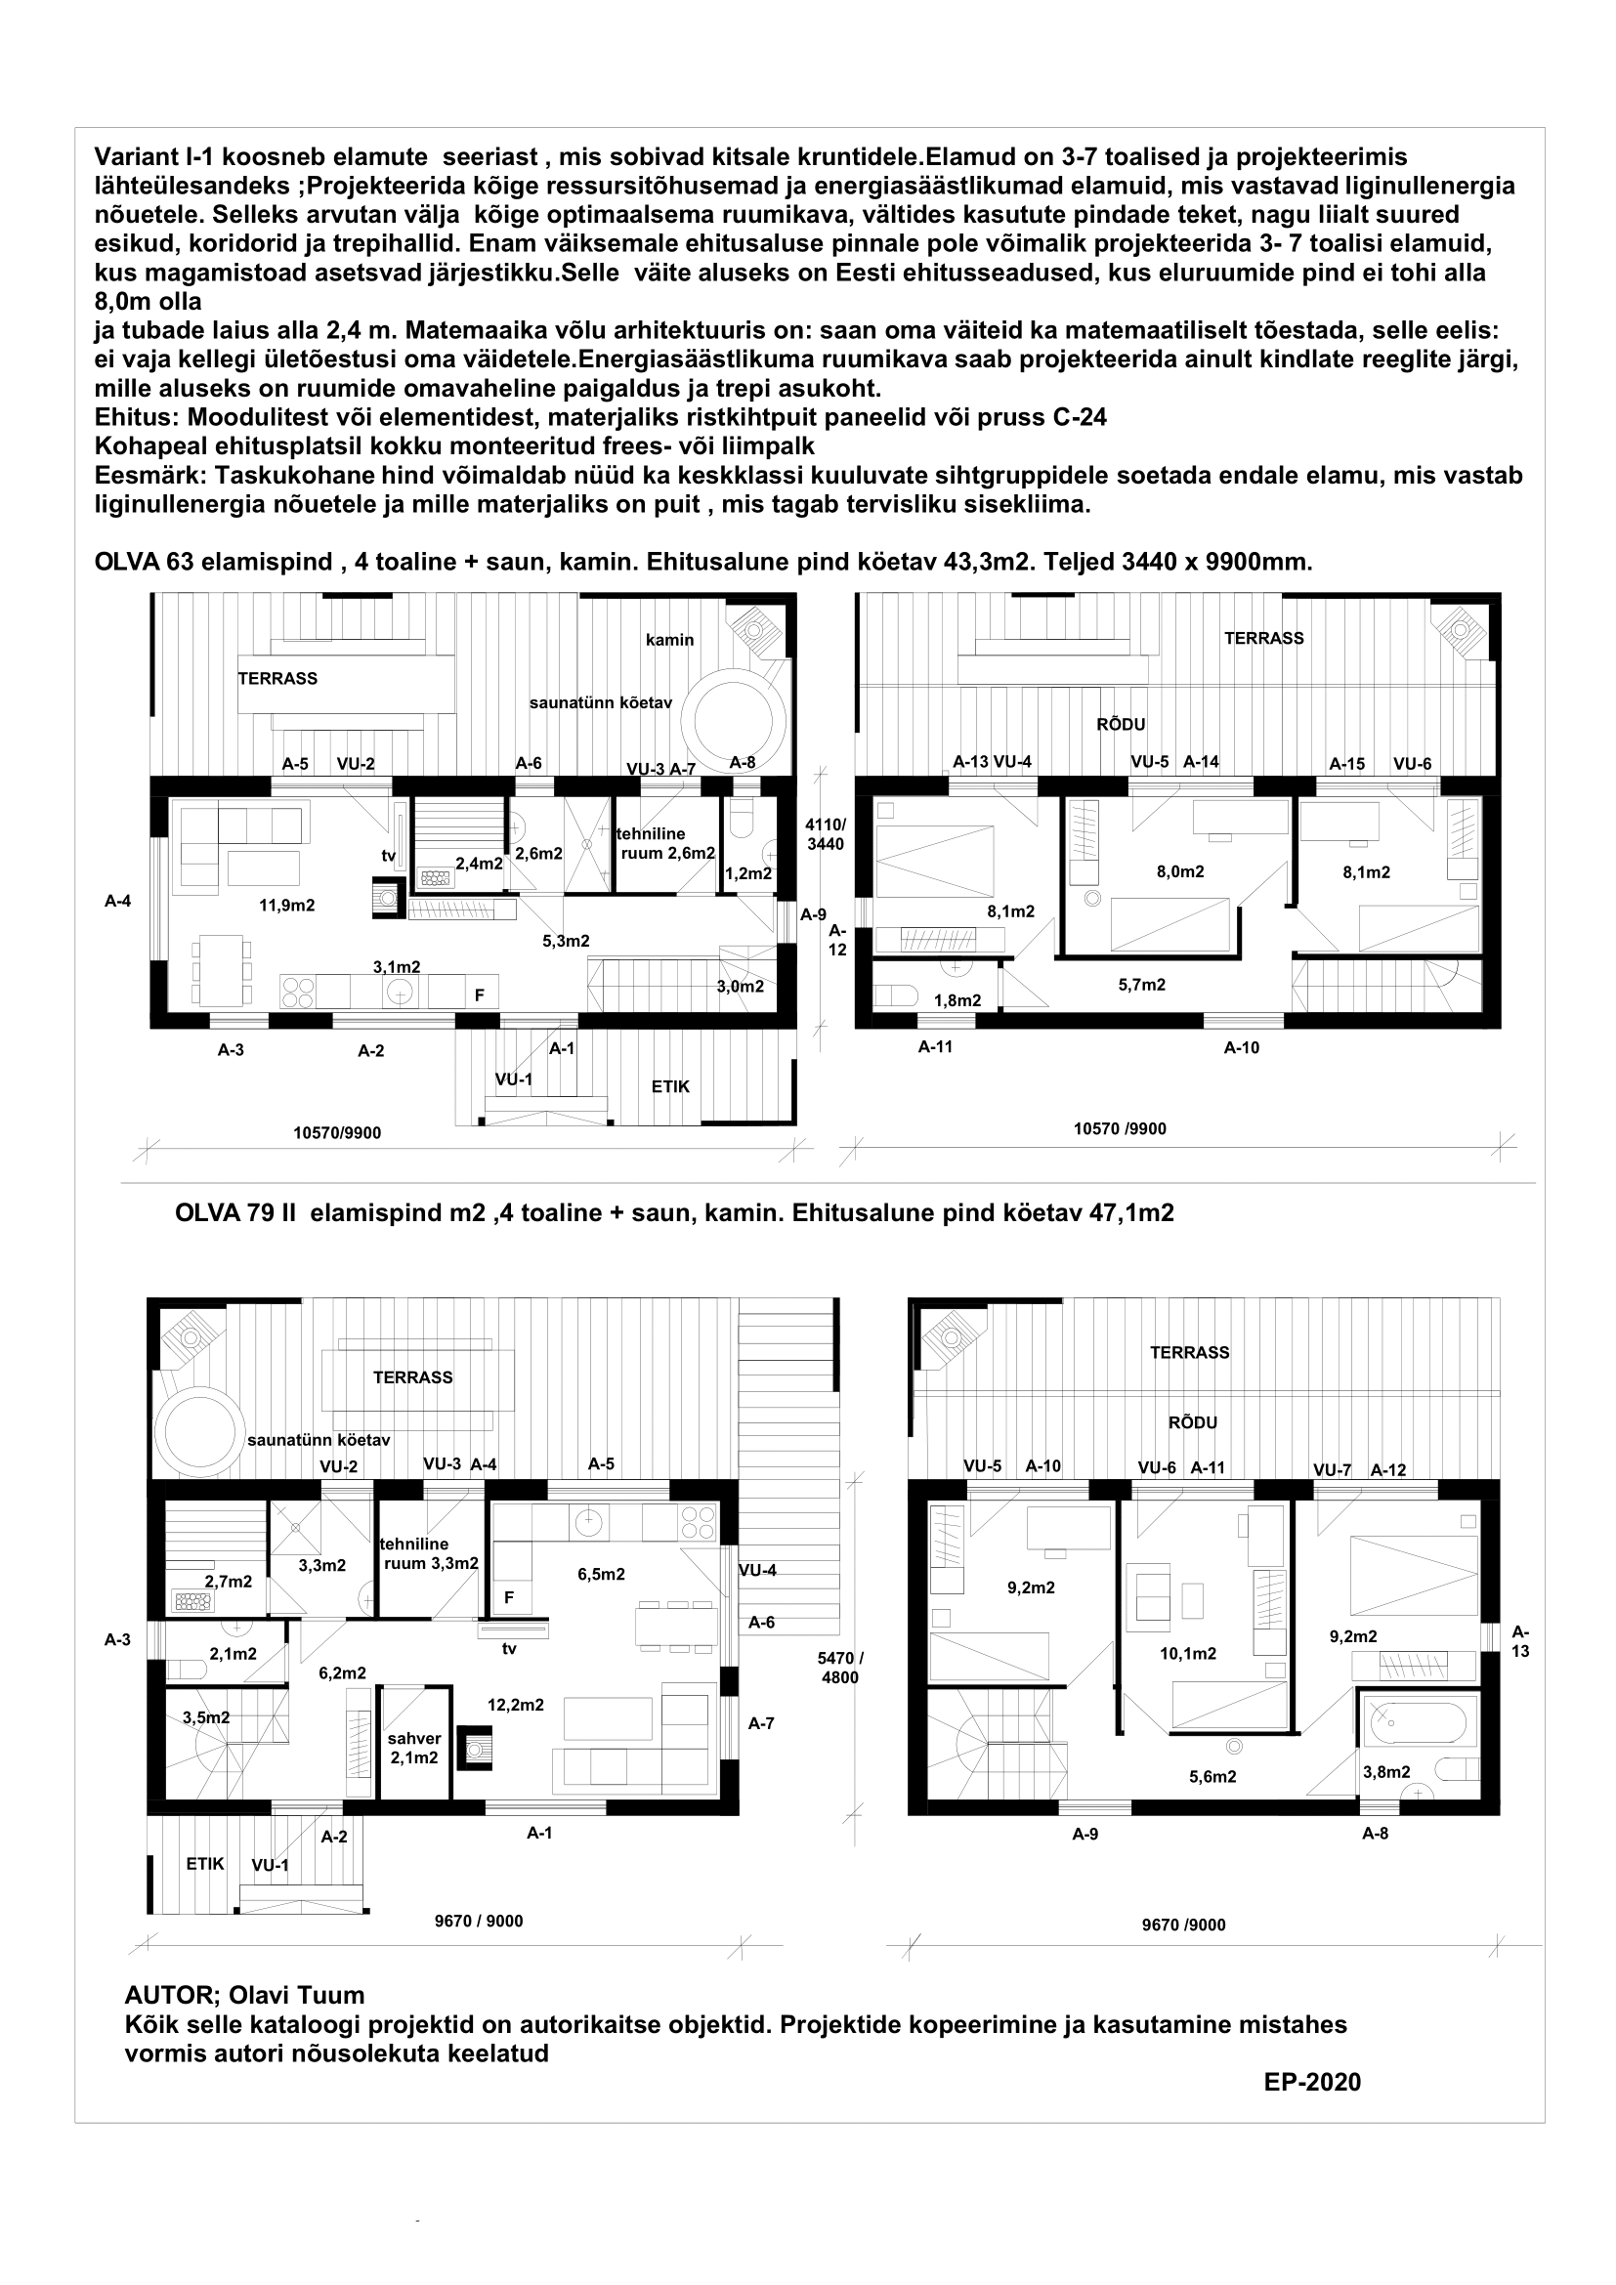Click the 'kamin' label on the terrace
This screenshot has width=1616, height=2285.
pyautogui.click(x=669, y=640)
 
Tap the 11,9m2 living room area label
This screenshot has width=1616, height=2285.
pyautogui.click(x=287, y=906)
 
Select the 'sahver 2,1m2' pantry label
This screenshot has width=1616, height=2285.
pyautogui.click(x=414, y=1748)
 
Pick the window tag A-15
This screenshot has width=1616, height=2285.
pyautogui.click(x=1347, y=764)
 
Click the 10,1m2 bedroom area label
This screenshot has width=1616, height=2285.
pyautogui.click(x=1188, y=1653)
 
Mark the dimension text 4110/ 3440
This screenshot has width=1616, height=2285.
pyautogui.click(x=826, y=834)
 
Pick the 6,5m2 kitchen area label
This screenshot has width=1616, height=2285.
pyautogui.click(x=601, y=1574)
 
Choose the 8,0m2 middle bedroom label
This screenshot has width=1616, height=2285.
pyautogui.click(x=1180, y=871)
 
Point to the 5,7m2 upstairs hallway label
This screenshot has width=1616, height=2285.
pyautogui.click(x=1141, y=985)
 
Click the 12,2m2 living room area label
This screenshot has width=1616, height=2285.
pyautogui.click(x=516, y=1705)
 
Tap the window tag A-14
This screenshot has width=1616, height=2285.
pyautogui.click(x=1201, y=762)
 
